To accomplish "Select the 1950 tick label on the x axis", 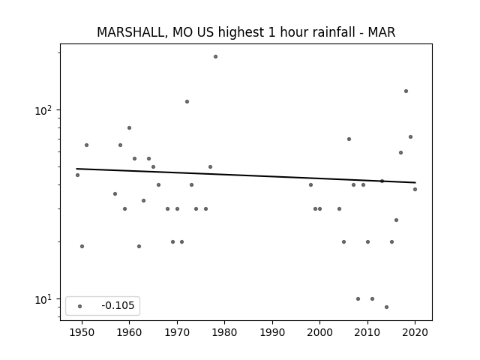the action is [82, 332].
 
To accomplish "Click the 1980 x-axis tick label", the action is [224, 332].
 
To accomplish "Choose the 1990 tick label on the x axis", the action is [272, 332].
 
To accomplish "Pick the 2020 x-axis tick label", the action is [415, 332].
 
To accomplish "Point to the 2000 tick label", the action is [320, 332].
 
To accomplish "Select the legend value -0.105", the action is [118, 305].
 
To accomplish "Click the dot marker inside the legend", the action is [80, 306].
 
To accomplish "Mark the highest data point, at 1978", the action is [215, 57].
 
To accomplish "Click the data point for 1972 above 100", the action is [187, 102].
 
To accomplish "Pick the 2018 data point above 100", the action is [406, 91].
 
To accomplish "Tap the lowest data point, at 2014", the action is [387, 307].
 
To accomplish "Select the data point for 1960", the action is [129, 128].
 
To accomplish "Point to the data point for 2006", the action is [349, 139].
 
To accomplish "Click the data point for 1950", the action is [82, 247].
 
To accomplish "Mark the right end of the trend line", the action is [415, 182].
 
